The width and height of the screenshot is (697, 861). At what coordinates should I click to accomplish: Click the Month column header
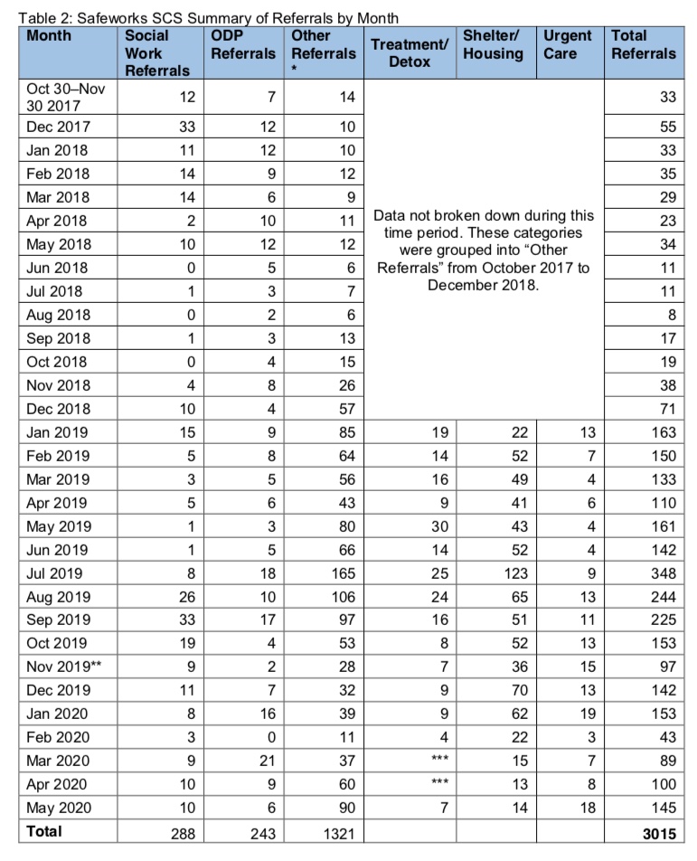49,36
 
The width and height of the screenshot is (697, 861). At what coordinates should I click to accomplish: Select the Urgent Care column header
568,44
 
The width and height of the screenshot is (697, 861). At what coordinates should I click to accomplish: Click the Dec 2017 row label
59,127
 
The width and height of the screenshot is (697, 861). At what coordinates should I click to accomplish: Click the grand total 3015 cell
656,832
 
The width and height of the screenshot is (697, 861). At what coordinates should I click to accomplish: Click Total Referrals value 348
661,573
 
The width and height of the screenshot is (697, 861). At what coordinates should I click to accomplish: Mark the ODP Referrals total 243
260,832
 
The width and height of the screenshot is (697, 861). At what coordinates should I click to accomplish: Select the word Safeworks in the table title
108,17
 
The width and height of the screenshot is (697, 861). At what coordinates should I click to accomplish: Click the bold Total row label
46,831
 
